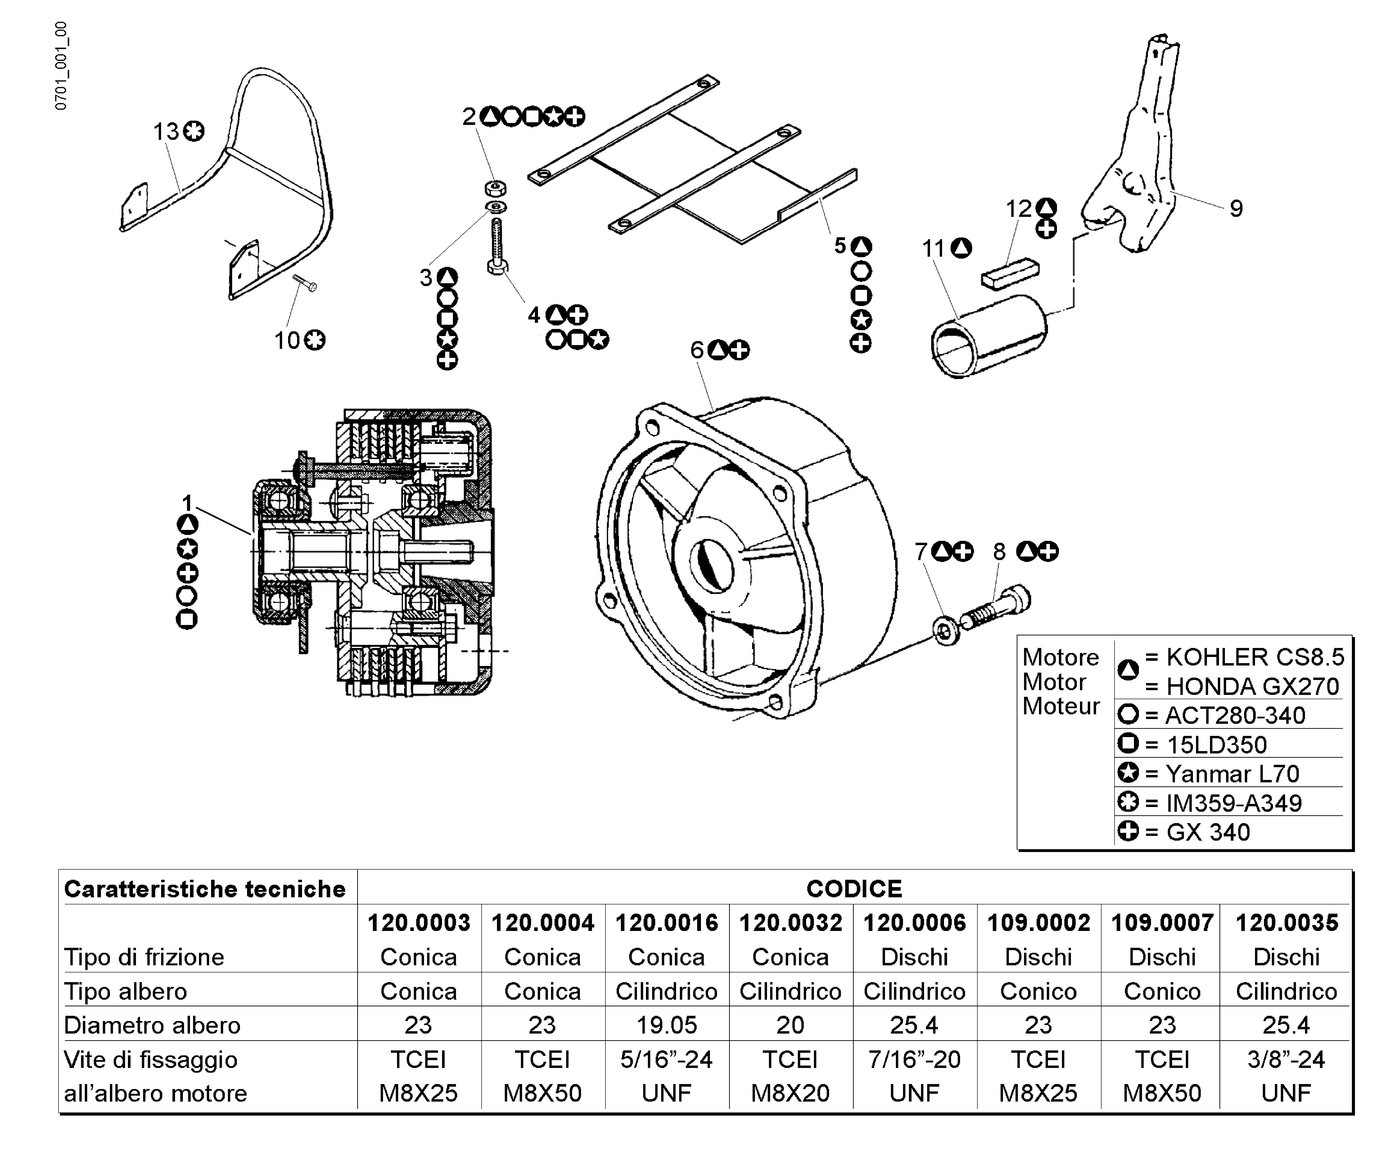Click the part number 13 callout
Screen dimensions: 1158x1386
tap(166, 132)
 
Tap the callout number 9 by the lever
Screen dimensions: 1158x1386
tap(1236, 209)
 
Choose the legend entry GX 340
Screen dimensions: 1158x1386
tap(1208, 832)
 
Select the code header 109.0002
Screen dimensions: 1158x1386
tap(1038, 922)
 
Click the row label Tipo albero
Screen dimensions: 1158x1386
tap(125, 991)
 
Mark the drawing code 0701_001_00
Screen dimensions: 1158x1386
tap(61, 66)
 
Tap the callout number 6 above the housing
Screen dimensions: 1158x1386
tap(697, 350)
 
